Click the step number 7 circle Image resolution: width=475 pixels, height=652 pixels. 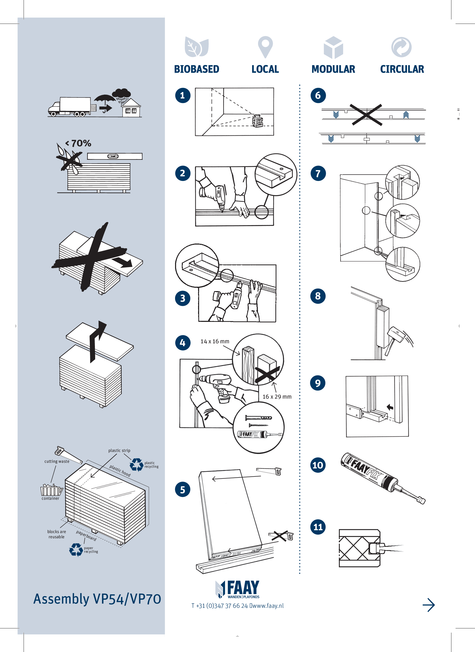coord(318,173)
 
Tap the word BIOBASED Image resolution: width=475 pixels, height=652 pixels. coord(197,69)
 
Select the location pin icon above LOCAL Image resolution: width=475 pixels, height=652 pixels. coord(265,47)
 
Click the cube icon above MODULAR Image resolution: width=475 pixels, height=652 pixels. coord(333,47)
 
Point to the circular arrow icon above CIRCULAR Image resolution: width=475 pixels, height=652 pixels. coord(401,47)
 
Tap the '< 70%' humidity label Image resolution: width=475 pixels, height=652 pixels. coord(78,143)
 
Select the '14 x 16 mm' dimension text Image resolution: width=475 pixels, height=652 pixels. coord(215,341)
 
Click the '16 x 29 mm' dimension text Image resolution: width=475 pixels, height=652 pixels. coord(277,397)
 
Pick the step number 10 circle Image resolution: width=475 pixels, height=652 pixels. coord(318,465)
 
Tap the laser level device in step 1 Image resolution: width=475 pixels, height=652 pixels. coord(258,121)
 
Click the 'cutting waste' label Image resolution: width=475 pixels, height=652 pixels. coord(57,461)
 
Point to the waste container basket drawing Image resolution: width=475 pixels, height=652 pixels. coord(51,490)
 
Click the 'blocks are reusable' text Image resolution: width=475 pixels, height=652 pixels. coord(57,534)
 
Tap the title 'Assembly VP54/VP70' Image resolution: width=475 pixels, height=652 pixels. coord(97,599)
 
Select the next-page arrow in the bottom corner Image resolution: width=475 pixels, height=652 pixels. coord(428,605)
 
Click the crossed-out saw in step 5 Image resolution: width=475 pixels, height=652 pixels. coord(281,536)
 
